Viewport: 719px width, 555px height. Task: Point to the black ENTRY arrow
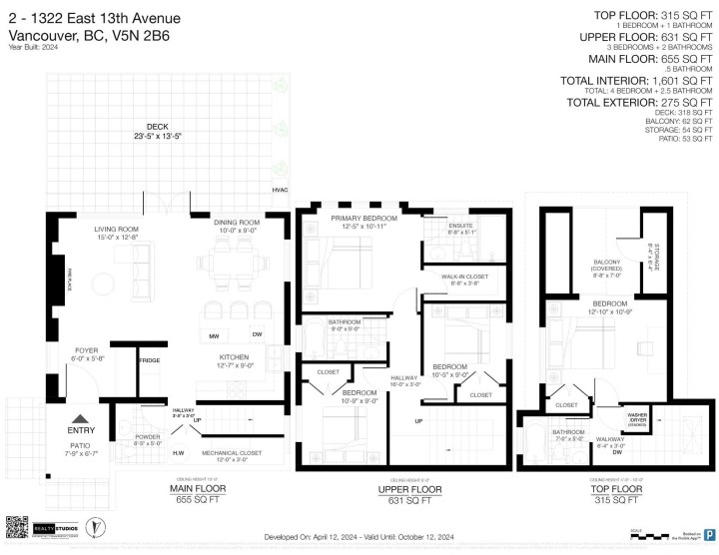[x=80, y=420]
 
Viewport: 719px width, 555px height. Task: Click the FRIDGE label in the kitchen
[x=149, y=359]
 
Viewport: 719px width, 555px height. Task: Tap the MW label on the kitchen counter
[x=214, y=335]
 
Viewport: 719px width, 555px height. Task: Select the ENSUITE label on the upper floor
[x=461, y=226]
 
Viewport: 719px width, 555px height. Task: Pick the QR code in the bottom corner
[x=19, y=527]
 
